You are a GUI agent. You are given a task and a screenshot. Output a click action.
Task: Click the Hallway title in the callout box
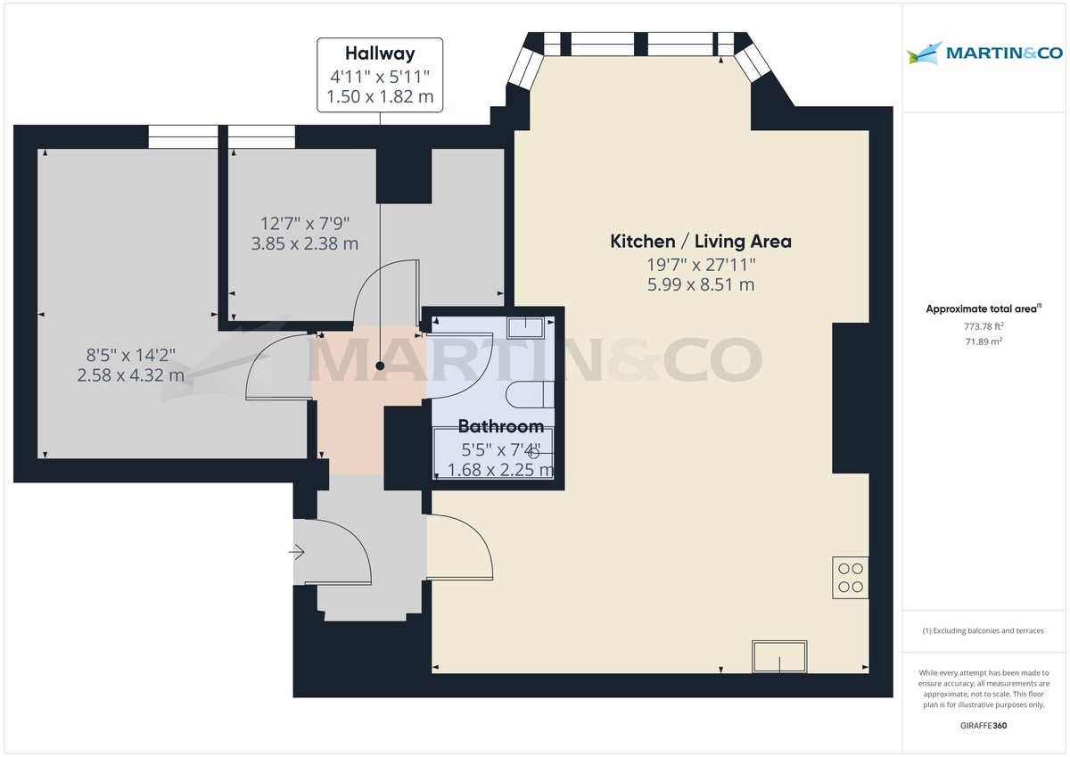(x=380, y=53)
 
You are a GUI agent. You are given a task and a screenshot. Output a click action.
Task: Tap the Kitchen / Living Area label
(x=700, y=241)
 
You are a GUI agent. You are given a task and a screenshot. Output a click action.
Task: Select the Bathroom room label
(x=500, y=426)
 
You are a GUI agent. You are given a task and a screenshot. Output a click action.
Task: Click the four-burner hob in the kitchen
(x=850, y=577)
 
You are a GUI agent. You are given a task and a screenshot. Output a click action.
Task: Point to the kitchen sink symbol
(x=779, y=657)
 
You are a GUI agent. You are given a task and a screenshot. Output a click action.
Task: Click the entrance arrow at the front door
(x=297, y=553)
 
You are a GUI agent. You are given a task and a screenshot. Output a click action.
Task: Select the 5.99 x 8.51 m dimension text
(x=700, y=285)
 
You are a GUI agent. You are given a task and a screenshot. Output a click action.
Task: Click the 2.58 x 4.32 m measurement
(x=130, y=375)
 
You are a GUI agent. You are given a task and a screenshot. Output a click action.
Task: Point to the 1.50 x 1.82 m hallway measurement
(x=380, y=96)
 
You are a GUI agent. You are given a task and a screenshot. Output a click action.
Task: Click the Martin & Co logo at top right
(x=984, y=53)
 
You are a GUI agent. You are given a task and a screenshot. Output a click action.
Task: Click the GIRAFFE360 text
(x=984, y=726)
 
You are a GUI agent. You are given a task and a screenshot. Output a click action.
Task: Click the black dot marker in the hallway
(x=380, y=366)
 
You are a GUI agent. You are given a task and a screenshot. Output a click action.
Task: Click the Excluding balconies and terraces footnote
(x=983, y=630)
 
